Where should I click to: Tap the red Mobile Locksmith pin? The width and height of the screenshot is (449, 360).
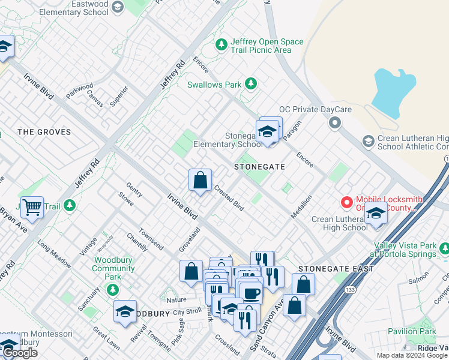(x=346, y=203)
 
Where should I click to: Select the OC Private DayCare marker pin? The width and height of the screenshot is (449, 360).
(x=335, y=123)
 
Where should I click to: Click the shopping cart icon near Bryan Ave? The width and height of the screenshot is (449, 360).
(x=32, y=207)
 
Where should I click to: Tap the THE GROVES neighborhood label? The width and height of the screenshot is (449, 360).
(x=44, y=132)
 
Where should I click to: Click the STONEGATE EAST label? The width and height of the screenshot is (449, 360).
(x=336, y=269)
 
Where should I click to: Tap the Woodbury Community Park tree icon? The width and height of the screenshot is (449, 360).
(x=112, y=290)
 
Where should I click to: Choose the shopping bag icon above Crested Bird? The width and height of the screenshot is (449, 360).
(x=200, y=179)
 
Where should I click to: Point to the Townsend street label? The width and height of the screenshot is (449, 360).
(x=150, y=239)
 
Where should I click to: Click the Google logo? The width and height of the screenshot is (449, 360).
(x=20, y=353)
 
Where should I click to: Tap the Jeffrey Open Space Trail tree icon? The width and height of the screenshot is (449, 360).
(x=221, y=44)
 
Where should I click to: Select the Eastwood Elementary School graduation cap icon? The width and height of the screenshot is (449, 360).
(x=118, y=7)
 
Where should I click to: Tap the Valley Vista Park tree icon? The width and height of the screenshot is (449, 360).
(x=444, y=248)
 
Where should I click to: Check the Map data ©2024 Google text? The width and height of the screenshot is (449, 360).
(x=412, y=355)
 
